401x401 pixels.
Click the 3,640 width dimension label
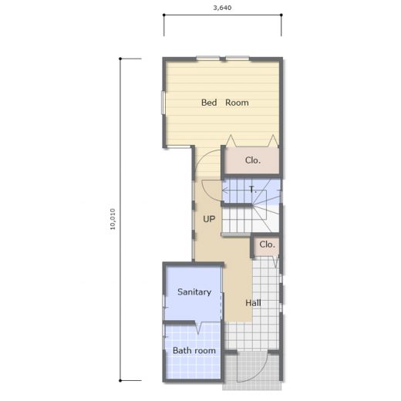click(222, 8)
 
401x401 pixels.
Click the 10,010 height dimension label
click(113, 219)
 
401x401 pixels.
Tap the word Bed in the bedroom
click(209, 103)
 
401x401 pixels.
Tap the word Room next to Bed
click(237, 103)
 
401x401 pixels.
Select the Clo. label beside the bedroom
click(253, 160)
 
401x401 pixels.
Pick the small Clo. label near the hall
click(267, 244)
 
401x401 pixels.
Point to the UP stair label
click(209, 219)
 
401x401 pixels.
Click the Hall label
click(253, 303)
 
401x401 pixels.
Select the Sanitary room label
click(194, 291)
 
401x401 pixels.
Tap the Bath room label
click(194, 350)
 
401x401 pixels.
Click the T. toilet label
click(253, 190)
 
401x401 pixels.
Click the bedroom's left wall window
click(163, 103)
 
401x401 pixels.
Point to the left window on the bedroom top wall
click(208, 59)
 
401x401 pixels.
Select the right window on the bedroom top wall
click(238, 59)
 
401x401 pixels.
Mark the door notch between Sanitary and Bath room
click(198, 328)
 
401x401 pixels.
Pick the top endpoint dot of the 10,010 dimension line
click(120, 59)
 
